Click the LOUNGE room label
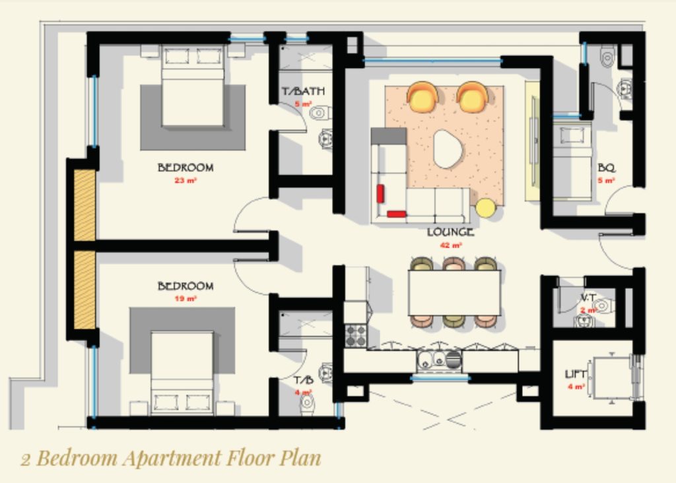point(450,232)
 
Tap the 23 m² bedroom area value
point(186,179)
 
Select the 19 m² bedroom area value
point(186,298)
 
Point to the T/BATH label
point(303,91)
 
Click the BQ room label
point(606,168)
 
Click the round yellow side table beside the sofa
point(485,208)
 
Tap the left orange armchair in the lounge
point(422,97)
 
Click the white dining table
point(454,293)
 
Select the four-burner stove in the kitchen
point(356,335)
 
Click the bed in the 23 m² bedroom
point(192,86)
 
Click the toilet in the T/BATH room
point(320,112)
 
